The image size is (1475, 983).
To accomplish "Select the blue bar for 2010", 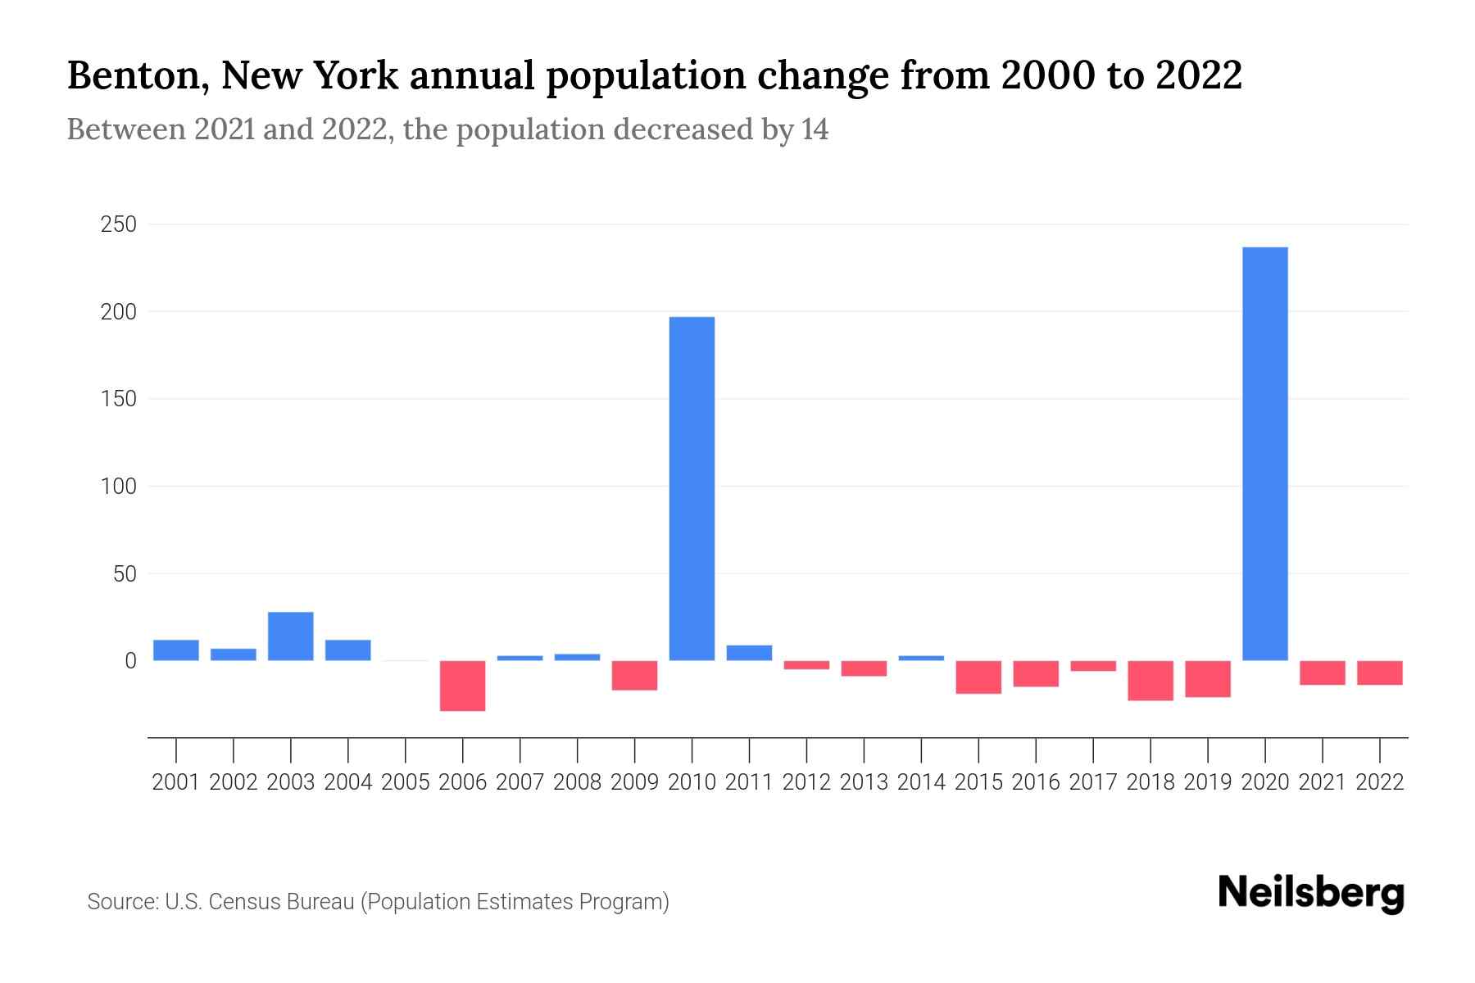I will [x=692, y=488].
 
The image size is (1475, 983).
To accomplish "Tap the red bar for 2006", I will [x=462, y=686].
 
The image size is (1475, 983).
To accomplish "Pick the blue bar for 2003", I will [x=290, y=636].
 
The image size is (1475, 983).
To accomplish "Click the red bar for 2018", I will [x=1150, y=681].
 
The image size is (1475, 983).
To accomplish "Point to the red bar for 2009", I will [x=634, y=676].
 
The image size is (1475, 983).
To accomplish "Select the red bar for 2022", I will [x=1379, y=673].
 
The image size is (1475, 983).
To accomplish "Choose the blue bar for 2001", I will [x=175, y=650].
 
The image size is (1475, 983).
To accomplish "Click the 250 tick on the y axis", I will [x=118, y=224].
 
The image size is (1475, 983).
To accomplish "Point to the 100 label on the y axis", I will [x=118, y=487].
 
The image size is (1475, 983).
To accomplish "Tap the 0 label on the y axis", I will [x=130, y=661].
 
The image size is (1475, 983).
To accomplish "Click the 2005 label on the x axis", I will [x=405, y=782].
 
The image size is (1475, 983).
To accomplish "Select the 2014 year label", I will [x=921, y=782].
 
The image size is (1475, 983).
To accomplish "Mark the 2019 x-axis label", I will [x=1207, y=782].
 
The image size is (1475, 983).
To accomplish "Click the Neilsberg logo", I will [x=1311, y=894].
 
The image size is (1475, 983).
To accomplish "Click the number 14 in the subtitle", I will [x=815, y=130].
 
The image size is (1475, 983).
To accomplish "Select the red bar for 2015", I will [x=978, y=677].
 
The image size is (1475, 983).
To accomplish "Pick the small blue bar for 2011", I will [x=749, y=653].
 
